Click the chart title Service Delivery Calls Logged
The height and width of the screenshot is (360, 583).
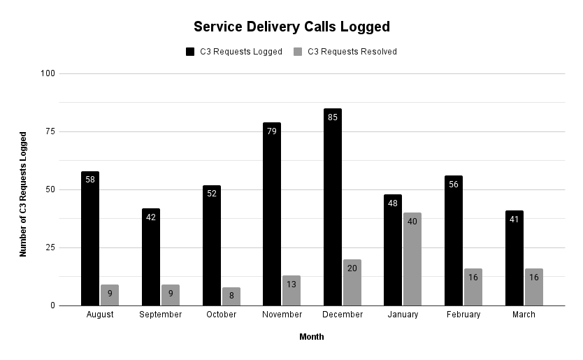[291, 27]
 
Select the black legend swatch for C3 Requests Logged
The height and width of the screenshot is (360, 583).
[190, 52]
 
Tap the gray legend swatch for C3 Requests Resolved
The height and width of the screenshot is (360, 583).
[298, 52]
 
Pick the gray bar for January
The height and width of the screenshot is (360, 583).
[412, 259]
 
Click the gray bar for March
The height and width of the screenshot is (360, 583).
[534, 287]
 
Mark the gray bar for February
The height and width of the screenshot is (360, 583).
[473, 287]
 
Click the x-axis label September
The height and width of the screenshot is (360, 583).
[160, 315]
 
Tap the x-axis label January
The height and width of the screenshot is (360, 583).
[403, 315]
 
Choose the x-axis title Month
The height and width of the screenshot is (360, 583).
[312, 337]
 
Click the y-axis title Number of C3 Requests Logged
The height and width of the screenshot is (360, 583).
[23, 194]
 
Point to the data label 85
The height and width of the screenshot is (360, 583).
[333, 117]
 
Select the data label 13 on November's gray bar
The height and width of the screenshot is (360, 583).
[291, 285]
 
